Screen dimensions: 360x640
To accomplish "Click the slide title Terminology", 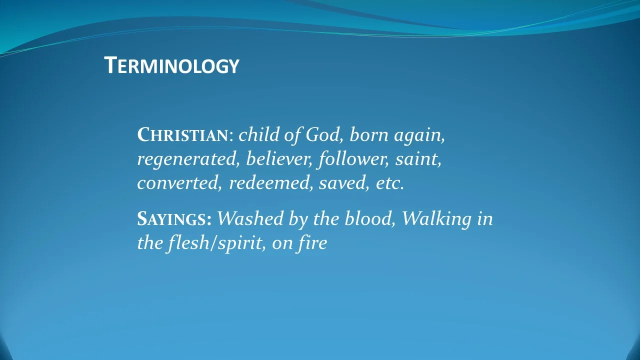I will tap(171, 65).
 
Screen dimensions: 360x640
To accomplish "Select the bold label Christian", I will tap(182, 135).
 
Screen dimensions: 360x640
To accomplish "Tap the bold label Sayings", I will tap(174, 219).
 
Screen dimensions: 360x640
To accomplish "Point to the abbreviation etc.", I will tap(389, 183).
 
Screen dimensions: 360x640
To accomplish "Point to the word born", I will tap(369, 135).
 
